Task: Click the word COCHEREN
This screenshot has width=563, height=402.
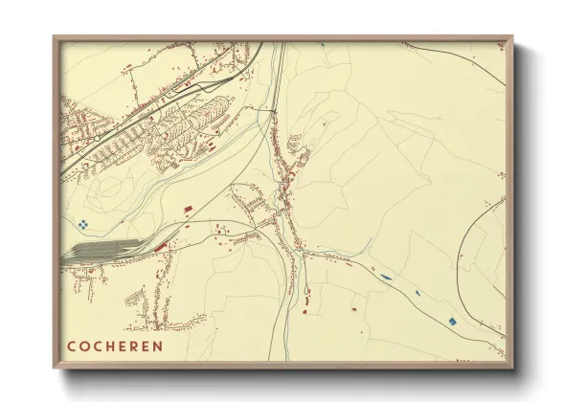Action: tap(115, 346)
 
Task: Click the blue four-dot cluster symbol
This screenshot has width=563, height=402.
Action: tap(83, 224)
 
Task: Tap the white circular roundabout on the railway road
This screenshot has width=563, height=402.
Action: tap(97, 138)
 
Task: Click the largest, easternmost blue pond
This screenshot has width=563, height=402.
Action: tap(455, 319)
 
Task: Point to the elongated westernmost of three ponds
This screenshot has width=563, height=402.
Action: tap(385, 278)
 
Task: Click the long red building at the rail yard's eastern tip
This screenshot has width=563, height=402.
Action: tap(160, 247)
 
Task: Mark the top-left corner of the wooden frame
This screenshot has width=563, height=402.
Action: tap(55, 37)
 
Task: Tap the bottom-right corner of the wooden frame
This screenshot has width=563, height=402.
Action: tap(512, 368)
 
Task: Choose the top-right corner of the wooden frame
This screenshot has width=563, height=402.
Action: tap(512, 37)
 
